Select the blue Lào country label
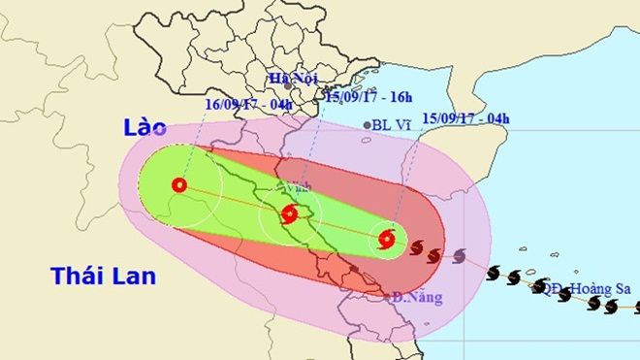(144, 128)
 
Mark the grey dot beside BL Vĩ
(366, 125)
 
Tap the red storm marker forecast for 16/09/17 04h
(178, 185)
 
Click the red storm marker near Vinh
(289, 215)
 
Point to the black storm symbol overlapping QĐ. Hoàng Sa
(540, 285)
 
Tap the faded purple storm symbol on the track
(459, 256)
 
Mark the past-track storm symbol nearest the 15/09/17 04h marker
(416, 248)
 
